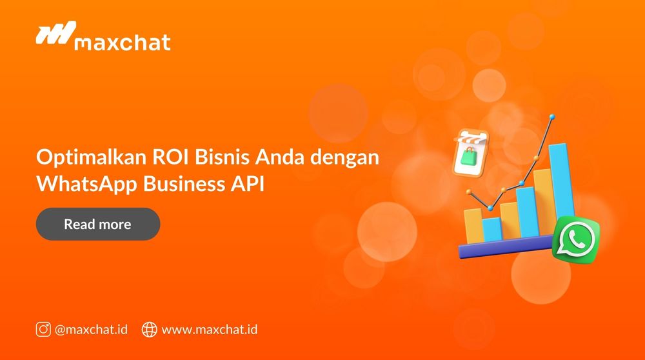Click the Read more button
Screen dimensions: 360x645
(97, 225)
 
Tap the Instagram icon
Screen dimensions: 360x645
(43, 329)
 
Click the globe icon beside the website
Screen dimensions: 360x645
(149, 329)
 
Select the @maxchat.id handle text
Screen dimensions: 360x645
(91, 329)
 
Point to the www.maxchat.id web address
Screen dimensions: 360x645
(210, 329)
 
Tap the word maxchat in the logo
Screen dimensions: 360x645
(123, 43)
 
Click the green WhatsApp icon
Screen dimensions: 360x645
(575, 239)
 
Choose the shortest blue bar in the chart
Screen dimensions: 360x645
(492, 229)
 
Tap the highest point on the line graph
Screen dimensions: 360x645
(551, 118)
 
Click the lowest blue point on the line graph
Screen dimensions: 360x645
(490, 207)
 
